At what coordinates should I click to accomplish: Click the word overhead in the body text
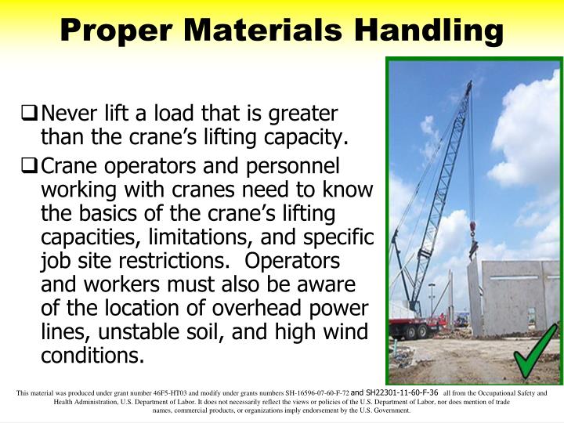click(258, 307)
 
